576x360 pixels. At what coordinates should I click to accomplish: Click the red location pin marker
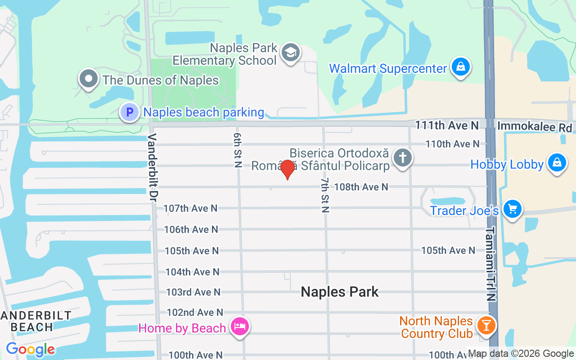pyautogui.click(x=288, y=169)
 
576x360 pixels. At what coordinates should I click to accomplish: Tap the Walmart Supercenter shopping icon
pyautogui.click(x=460, y=67)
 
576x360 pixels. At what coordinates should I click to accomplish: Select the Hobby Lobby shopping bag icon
pyautogui.click(x=557, y=163)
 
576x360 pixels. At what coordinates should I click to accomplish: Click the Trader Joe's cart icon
pyautogui.click(x=512, y=209)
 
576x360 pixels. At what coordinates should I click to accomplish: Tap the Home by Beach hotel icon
pyautogui.click(x=239, y=326)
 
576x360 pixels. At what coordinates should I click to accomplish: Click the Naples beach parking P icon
pyautogui.click(x=130, y=112)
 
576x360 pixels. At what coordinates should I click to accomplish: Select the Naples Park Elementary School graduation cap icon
pyautogui.click(x=290, y=53)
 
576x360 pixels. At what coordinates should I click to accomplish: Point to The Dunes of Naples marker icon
pyautogui.click(x=89, y=79)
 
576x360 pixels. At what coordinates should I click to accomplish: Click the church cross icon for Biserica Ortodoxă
pyautogui.click(x=402, y=158)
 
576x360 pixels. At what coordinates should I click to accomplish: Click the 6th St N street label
pyautogui.click(x=238, y=150)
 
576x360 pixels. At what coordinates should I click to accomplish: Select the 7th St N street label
pyautogui.click(x=325, y=195)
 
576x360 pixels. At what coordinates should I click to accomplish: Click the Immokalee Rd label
pyautogui.click(x=534, y=127)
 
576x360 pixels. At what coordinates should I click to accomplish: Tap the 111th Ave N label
pyautogui.click(x=446, y=125)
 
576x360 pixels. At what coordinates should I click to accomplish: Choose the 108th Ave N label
pyautogui.click(x=361, y=187)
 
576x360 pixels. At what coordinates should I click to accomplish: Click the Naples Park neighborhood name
pyautogui.click(x=340, y=292)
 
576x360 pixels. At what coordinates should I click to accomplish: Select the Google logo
pyautogui.click(x=30, y=349)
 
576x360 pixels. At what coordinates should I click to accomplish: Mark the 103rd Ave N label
pyautogui.click(x=193, y=292)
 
